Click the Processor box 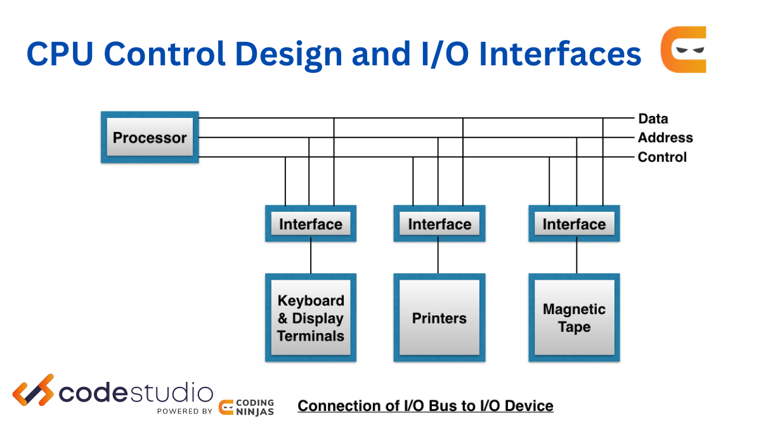(x=150, y=138)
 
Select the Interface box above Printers (x=439, y=224)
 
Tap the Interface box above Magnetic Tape (x=574, y=224)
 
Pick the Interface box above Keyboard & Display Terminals (x=311, y=224)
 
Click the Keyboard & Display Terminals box (x=311, y=318)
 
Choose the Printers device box (x=439, y=318)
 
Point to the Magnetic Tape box (x=574, y=318)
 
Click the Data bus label (x=653, y=119)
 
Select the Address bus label (x=665, y=138)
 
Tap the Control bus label (x=661, y=157)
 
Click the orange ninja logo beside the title (x=684, y=49)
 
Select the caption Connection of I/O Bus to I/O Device (x=426, y=405)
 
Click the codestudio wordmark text (x=136, y=393)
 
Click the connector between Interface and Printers (x=438, y=258)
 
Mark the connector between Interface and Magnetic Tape (x=576, y=258)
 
